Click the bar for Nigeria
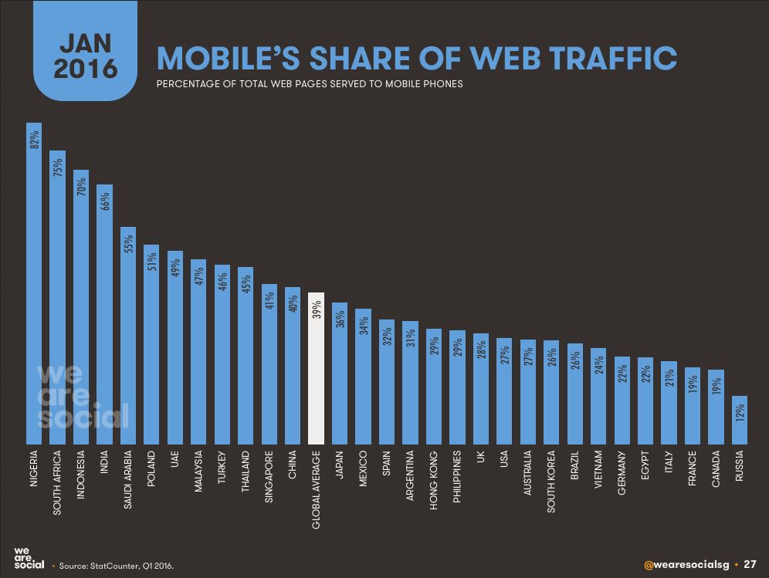[34, 286]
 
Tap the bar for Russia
[740, 421]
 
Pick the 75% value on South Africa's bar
[58, 170]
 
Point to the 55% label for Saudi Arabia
[129, 244]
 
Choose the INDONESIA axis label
[81, 479]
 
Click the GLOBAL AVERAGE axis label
[317, 490]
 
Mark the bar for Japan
[340, 374]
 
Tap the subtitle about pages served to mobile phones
[309, 83]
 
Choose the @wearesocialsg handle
[680, 563]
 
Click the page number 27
[750, 563]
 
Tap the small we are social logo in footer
[28, 559]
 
